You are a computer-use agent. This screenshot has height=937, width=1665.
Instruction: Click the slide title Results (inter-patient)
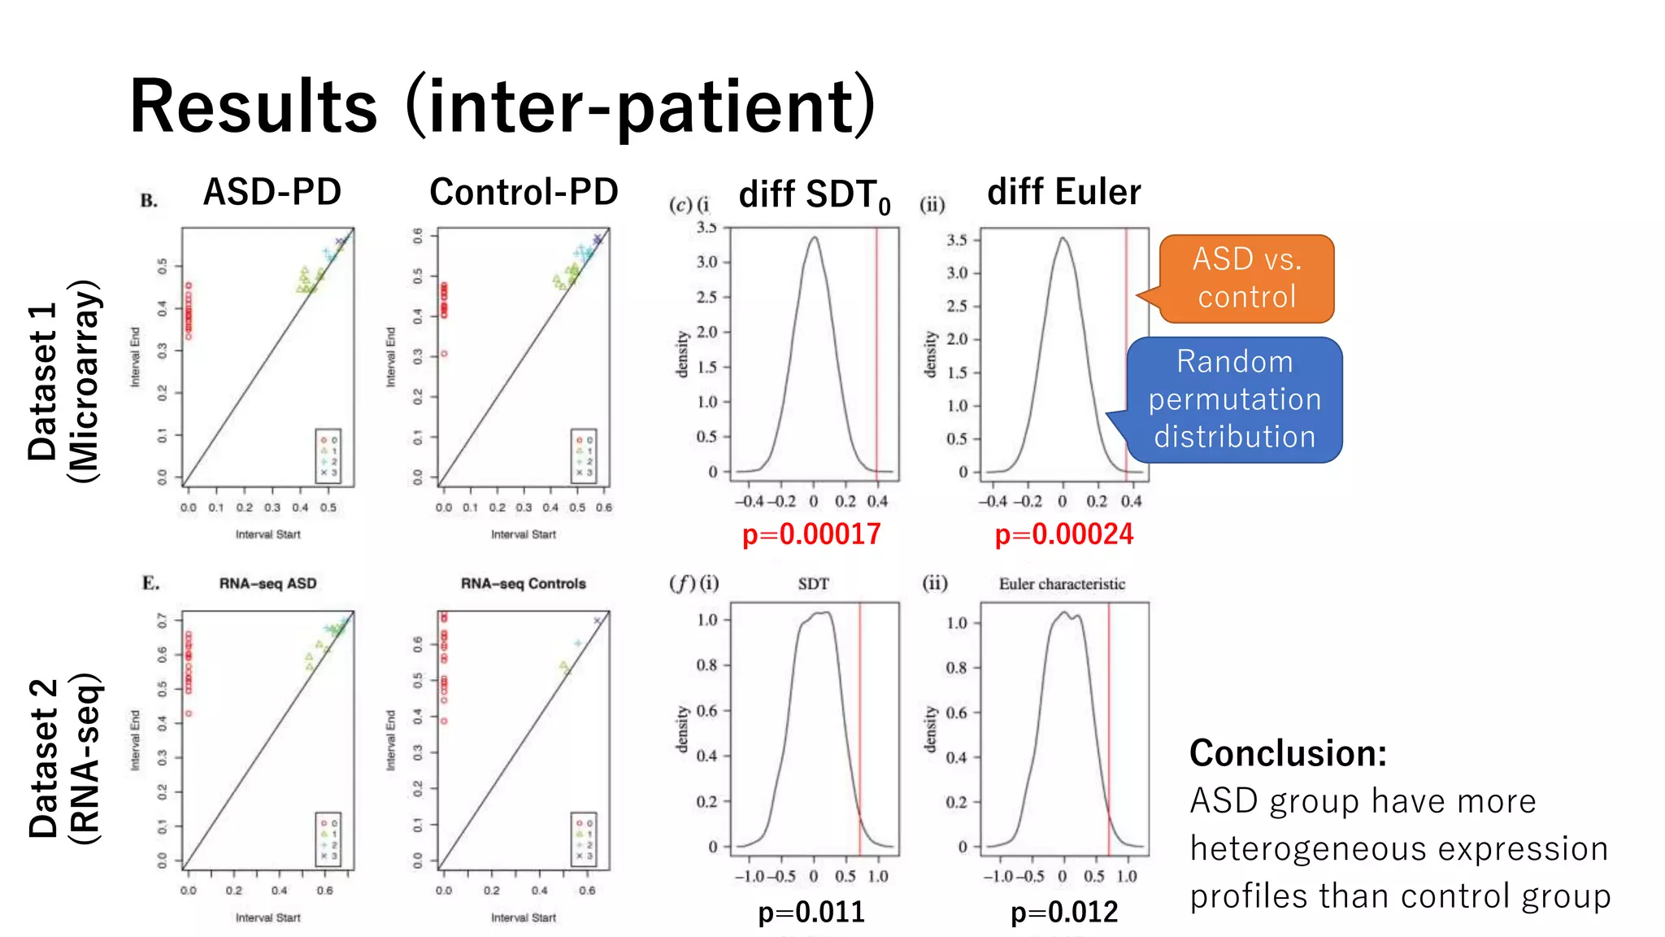point(502,106)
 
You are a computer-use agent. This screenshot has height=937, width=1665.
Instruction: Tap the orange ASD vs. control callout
point(1246,278)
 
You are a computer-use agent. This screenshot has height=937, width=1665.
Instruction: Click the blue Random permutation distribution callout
point(1234,399)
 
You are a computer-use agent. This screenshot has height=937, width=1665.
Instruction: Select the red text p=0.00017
point(811,534)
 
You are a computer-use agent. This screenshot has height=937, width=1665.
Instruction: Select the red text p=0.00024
point(1063,534)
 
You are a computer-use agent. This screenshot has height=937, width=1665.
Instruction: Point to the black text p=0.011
point(811,912)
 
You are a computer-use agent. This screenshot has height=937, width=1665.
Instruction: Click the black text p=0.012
point(1063,912)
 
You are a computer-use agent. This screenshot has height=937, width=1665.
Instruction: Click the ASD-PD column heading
point(272,193)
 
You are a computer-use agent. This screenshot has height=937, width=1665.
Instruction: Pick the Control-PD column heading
point(524,193)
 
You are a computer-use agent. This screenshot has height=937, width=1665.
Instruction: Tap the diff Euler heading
point(1063,193)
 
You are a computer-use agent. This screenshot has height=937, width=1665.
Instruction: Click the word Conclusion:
point(1288,753)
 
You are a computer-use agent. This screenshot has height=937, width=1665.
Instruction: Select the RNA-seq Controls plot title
point(523,584)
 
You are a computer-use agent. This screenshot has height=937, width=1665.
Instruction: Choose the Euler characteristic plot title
point(1062,584)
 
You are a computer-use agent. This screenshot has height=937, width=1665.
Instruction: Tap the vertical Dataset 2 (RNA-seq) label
point(63,758)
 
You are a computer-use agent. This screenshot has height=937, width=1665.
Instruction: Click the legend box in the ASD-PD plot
point(328,455)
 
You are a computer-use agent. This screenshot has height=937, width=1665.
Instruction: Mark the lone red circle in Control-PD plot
point(444,354)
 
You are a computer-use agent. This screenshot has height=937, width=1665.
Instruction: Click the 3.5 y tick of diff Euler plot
point(957,240)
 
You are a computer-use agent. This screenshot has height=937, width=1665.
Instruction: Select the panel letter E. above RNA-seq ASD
point(150,583)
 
